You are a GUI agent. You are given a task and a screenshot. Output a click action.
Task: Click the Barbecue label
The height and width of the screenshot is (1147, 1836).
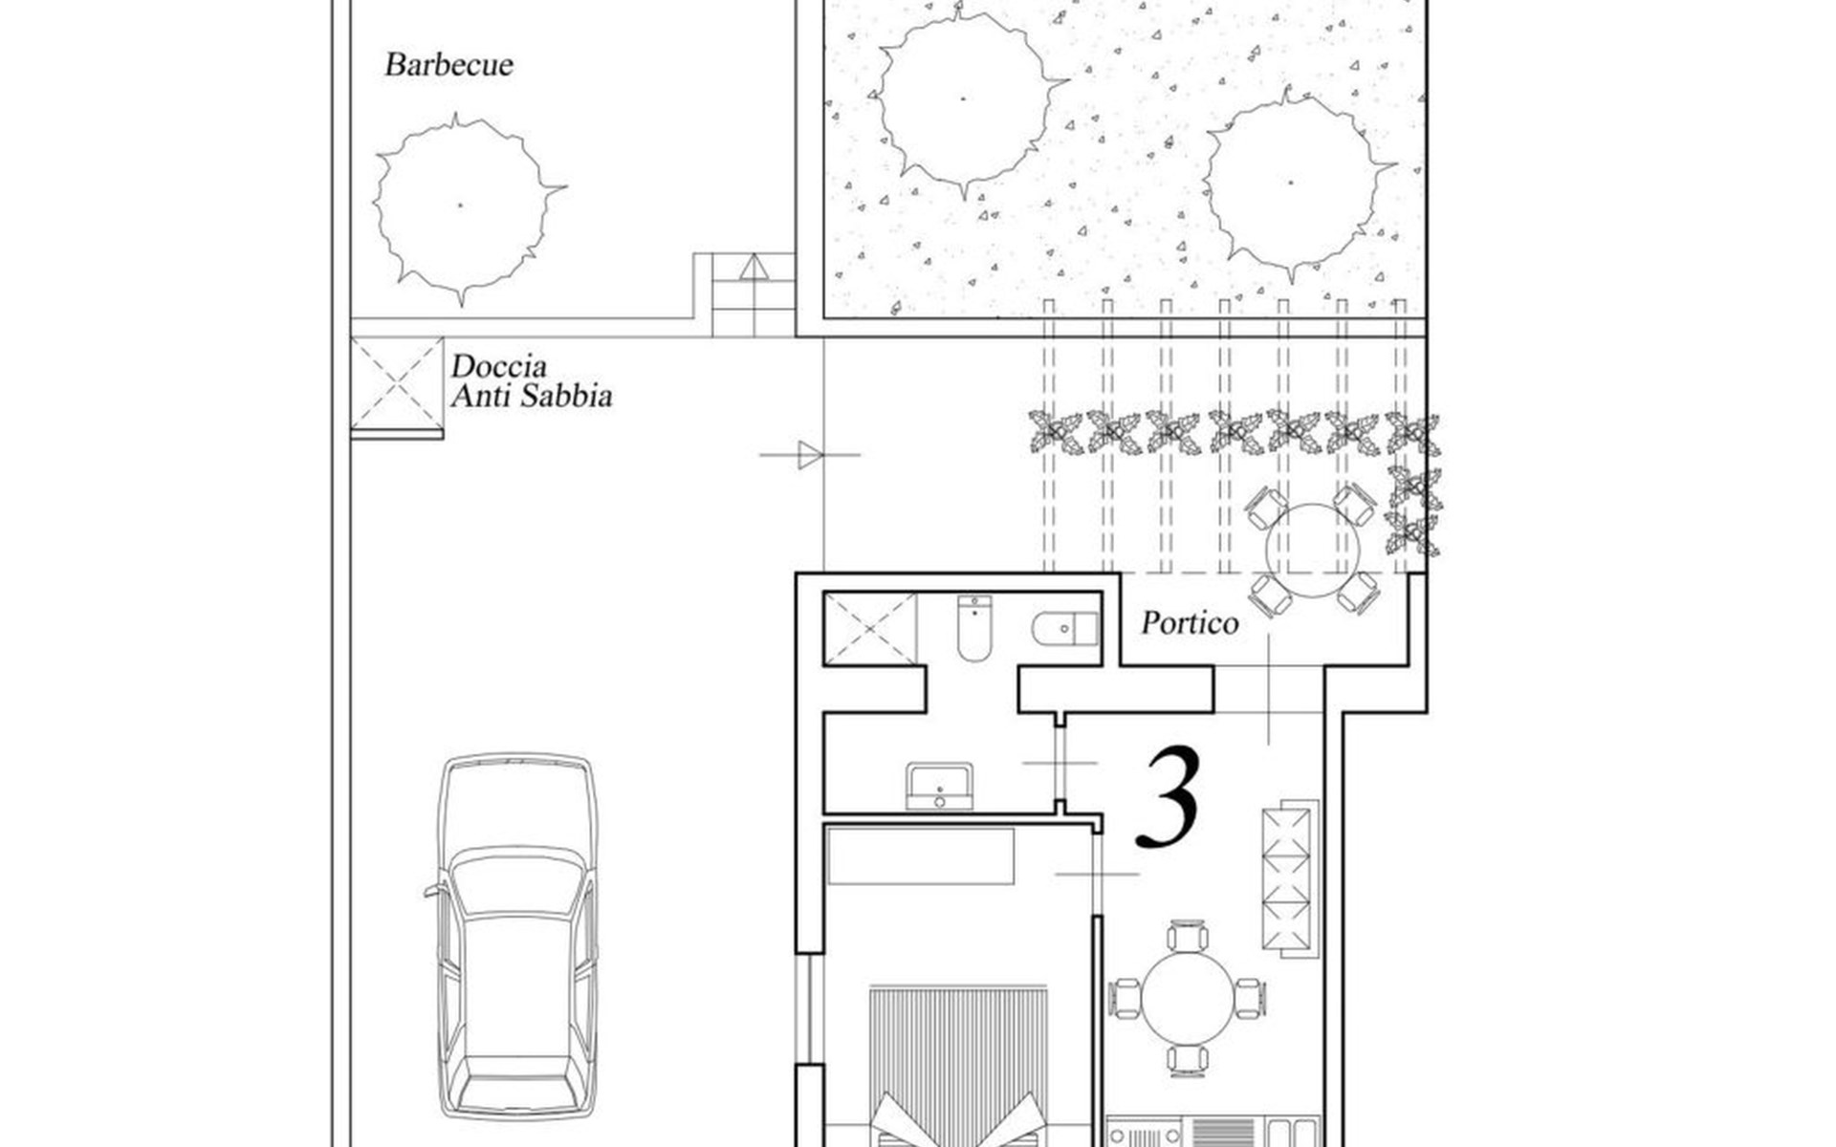click(448, 65)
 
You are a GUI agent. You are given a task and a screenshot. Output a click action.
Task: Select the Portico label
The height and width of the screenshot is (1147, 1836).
click(1190, 623)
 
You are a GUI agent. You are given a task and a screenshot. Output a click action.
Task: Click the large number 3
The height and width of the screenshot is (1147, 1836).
click(1169, 798)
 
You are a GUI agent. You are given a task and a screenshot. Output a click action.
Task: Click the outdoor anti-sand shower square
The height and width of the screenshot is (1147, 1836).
click(396, 384)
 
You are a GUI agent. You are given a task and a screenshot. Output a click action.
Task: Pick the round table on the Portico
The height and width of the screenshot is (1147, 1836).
click(1312, 551)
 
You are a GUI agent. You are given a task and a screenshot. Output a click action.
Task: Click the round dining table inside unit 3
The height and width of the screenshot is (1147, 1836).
click(1188, 999)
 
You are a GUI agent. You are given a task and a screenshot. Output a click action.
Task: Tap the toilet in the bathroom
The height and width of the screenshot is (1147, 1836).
click(974, 627)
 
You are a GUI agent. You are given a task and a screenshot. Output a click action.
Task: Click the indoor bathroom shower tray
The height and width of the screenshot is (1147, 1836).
click(870, 628)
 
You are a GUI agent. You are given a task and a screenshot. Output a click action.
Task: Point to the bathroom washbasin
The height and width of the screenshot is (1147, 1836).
click(939, 786)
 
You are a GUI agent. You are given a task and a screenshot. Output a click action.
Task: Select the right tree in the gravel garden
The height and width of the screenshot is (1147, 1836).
click(1293, 184)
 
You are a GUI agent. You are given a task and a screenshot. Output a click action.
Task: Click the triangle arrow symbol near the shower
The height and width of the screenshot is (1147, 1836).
click(810, 455)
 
